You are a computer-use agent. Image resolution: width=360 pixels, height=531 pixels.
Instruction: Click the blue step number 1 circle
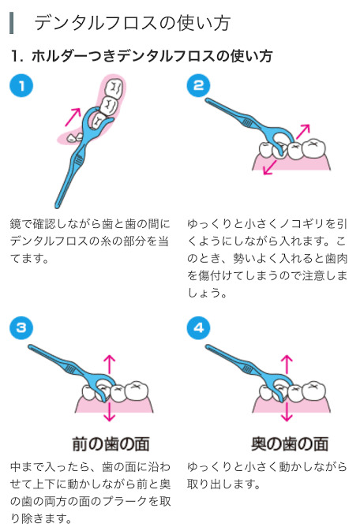coord(21,86)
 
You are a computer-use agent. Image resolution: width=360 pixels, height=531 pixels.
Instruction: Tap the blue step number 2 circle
coord(198,86)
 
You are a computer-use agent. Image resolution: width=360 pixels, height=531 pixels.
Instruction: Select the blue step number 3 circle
coord(21,327)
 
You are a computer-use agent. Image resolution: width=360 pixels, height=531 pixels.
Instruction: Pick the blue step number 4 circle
coord(198,327)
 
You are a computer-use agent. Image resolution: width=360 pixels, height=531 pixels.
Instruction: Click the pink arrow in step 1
coord(73,117)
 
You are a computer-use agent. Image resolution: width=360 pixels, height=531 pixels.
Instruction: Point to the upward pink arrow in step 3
coord(109,364)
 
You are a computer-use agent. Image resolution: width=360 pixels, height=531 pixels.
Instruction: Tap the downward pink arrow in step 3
coord(109,411)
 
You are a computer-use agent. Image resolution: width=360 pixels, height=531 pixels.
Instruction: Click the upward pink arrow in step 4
coord(287,364)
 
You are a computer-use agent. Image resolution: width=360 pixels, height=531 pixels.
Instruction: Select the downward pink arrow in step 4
coord(287,411)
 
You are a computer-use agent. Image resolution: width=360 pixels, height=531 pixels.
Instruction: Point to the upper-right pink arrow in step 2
coord(302,132)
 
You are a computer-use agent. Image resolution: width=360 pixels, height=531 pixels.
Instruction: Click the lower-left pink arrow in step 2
coord(270,167)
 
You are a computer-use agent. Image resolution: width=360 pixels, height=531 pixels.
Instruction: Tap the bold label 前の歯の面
coord(111,444)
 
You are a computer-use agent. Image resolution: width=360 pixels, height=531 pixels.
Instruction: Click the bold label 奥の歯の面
coord(290,444)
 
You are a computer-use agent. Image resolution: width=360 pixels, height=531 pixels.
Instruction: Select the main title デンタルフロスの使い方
coord(133,23)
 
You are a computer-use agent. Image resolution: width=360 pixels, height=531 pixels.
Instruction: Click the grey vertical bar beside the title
coord(12,23)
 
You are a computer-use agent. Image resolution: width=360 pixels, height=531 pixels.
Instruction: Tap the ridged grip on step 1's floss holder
coord(79,158)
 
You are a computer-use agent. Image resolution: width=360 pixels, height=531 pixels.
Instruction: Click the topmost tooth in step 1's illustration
coord(114,88)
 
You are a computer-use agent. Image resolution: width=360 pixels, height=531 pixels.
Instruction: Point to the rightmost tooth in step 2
coord(313,148)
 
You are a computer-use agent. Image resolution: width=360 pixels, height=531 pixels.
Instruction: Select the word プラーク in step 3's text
coord(125,501)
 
